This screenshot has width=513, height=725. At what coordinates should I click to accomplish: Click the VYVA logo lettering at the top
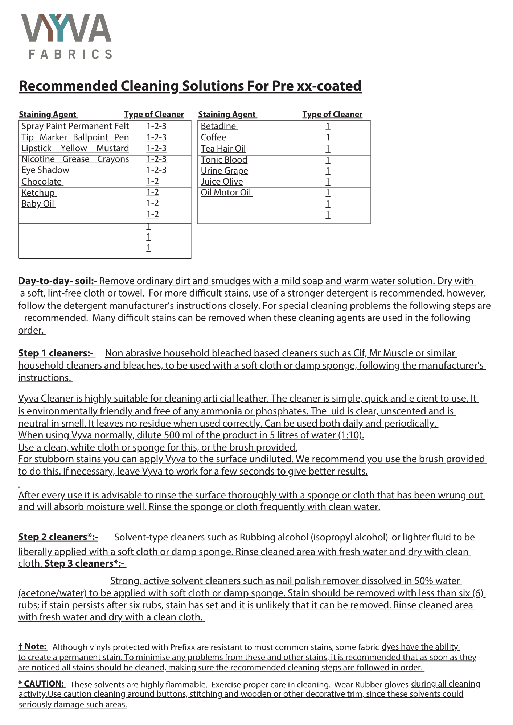(66, 28)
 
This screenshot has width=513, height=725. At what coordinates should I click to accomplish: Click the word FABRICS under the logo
(70, 54)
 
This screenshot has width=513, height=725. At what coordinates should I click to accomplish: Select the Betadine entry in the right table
(218, 126)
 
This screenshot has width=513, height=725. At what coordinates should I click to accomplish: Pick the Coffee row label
(213, 137)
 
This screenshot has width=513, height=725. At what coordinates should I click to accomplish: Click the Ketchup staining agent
(38, 193)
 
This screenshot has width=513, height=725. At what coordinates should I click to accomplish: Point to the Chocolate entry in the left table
(42, 182)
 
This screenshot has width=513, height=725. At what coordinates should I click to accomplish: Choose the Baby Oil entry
(38, 204)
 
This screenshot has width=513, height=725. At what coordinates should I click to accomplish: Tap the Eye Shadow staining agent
(45, 170)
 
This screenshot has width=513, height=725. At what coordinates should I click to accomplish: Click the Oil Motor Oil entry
(226, 192)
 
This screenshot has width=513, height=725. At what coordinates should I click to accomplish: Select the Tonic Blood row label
(224, 160)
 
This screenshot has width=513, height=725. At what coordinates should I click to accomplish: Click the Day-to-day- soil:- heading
(57, 281)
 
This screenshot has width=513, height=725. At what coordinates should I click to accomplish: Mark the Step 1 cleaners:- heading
(56, 353)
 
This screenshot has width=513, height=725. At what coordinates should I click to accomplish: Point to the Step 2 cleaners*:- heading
(58, 537)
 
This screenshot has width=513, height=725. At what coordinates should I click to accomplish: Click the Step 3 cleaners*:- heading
(84, 563)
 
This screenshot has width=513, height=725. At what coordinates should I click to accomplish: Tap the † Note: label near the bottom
(33, 646)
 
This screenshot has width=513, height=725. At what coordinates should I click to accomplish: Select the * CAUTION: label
(41, 684)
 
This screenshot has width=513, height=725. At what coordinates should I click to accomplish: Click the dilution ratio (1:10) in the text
(351, 435)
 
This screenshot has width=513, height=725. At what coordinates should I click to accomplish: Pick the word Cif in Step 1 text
(359, 353)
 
